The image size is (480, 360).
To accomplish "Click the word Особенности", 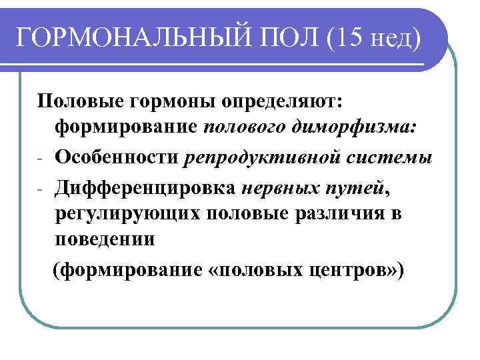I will pyautogui.click(x=117, y=157).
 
